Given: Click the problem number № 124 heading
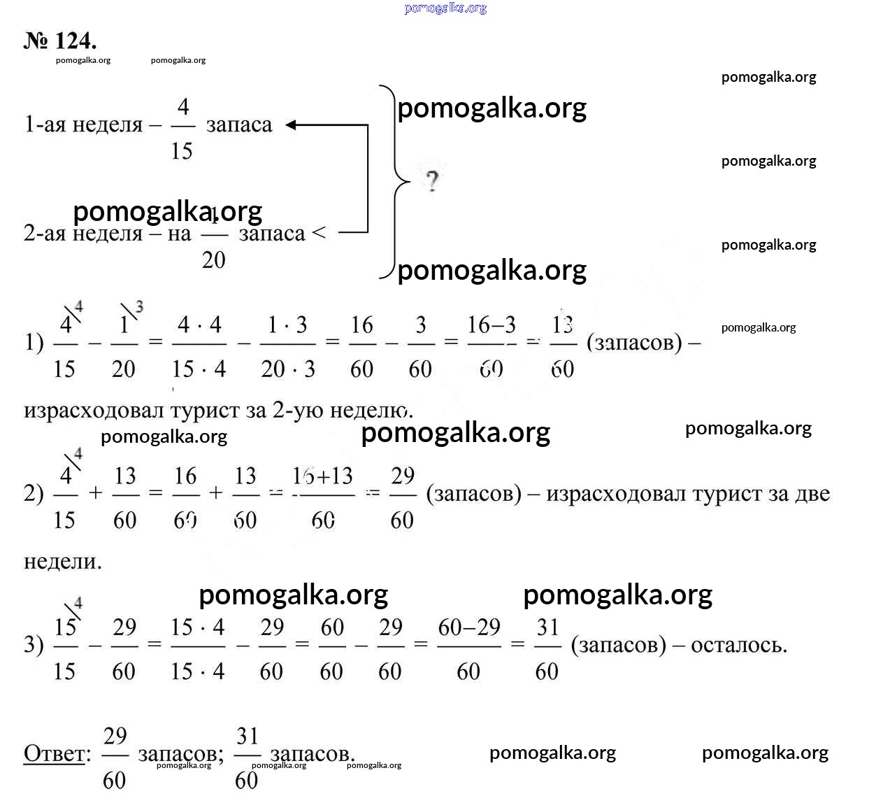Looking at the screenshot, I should point(60,41).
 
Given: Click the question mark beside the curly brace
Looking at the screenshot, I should point(432,181).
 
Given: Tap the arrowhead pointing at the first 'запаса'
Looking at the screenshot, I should point(292,125).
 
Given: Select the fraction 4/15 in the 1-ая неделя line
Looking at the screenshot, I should point(182,128).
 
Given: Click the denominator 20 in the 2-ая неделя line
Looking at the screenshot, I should point(213,260).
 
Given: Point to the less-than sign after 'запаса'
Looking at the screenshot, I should point(319,232).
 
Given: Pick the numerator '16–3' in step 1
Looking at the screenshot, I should point(491,325).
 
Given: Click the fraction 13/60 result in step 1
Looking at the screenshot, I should point(563,346).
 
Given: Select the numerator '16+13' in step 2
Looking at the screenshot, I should point(322,476).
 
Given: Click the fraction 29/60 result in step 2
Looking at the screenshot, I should point(402,497).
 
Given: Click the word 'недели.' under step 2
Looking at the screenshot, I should point(63,562).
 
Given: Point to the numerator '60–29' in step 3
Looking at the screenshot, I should point(469,627).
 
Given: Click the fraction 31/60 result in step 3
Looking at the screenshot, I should point(547,648).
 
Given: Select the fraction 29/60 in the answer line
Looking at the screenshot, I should point(115,758).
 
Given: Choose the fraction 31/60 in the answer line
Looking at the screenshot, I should point(247,758).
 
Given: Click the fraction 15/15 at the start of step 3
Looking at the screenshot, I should point(64,648).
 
